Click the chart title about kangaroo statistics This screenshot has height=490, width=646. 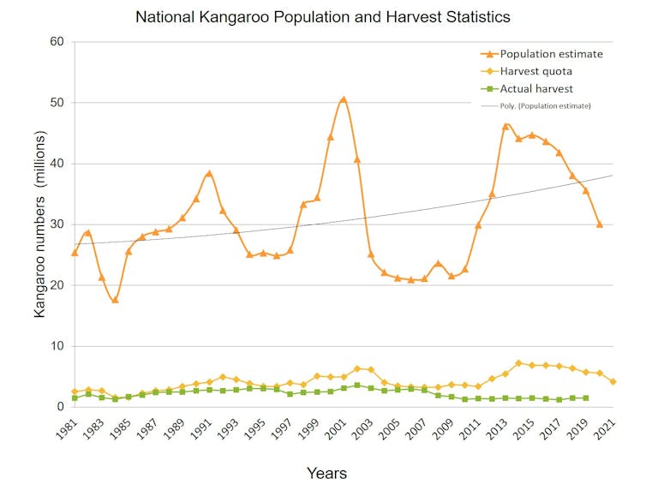[324, 15]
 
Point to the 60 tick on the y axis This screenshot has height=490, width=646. [57, 42]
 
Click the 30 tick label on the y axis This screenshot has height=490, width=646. [57, 224]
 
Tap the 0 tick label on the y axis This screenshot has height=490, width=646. [60, 407]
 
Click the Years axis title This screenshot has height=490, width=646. [326, 473]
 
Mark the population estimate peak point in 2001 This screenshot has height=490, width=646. [344, 99]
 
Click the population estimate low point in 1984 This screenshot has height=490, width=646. [115, 300]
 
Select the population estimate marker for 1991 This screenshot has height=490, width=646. [209, 173]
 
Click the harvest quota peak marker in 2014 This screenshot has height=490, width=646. [518, 363]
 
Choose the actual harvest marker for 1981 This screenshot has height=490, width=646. [75, 398]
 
